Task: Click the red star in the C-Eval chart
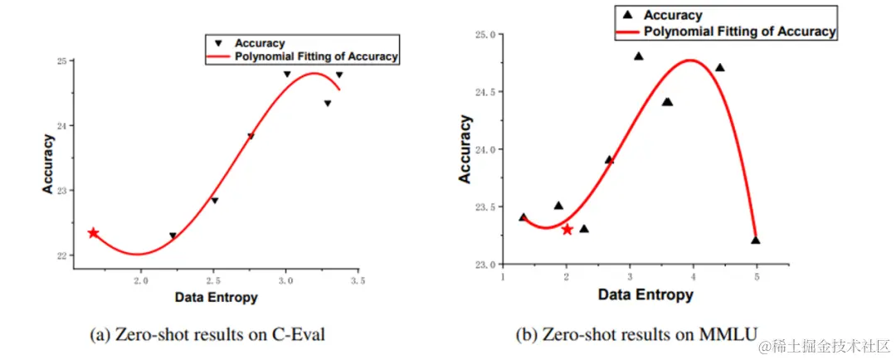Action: pyautogui.click(x=93, y=233)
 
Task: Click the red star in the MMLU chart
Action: pyautogui.click(x=567, y=229)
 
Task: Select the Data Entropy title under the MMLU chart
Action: pyautogui.click(x=645, y=294)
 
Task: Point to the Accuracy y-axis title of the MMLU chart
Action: pyautogui.click(x=465, y=149)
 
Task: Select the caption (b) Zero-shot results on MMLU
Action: pyautogui.click(x=635, y=334)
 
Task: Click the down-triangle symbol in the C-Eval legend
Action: pyautogui.click(x=218, y=43)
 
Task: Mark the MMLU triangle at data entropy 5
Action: pyautogui.click(x=756, y=241)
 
